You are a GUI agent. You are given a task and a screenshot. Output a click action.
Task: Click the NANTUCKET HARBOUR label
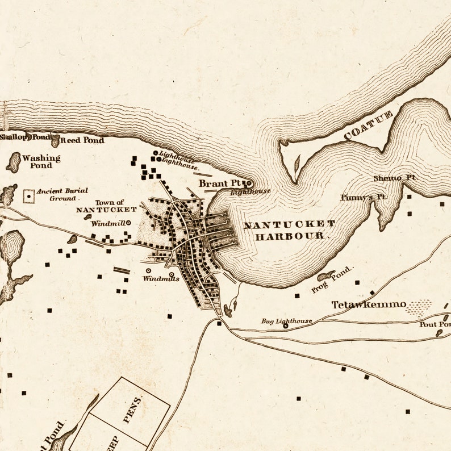point(289,230)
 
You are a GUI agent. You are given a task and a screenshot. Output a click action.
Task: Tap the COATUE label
point(368,126)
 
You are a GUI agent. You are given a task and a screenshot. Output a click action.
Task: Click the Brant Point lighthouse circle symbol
point(248,183)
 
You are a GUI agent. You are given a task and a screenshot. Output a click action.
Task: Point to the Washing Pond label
point(41,161)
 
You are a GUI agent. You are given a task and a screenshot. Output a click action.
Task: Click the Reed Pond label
point(82,140)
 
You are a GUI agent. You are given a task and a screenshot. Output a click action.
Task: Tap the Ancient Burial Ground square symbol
point(28,196)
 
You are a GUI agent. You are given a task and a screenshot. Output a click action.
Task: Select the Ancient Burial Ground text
point(62,194)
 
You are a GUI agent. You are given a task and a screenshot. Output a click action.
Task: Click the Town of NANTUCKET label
point(107,206)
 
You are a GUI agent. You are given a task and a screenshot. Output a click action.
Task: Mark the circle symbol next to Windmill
point(128,223)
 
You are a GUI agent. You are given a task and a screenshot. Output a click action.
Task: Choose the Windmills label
point(161,278)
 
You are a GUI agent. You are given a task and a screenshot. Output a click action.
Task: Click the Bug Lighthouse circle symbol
point(286,326)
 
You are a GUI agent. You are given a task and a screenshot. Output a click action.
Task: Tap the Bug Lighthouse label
point(287,321)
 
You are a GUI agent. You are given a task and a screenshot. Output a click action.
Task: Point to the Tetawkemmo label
point(369,304)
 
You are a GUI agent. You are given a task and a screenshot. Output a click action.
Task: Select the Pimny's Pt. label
point(363,197)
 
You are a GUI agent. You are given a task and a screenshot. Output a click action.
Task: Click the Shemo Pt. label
point(395,178)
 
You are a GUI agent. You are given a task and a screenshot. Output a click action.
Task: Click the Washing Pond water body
point(13,162)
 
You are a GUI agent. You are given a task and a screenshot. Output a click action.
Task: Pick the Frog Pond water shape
point(326,276)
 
